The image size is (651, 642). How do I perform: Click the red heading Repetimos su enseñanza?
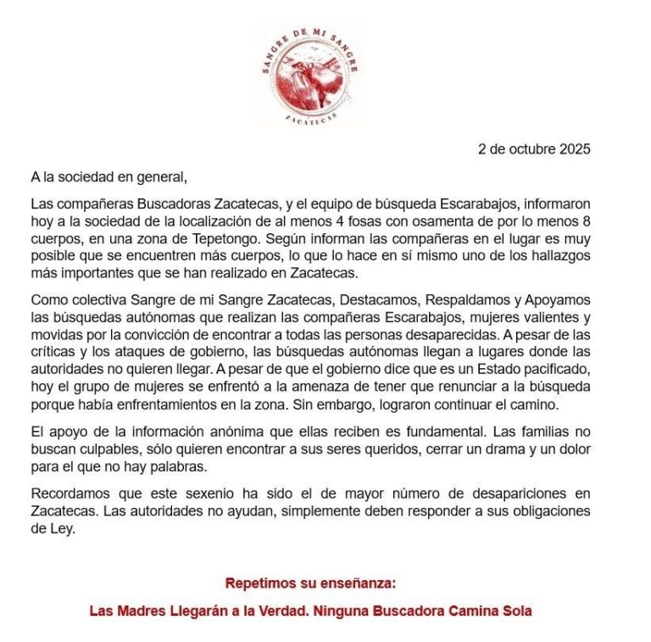pyautogui.click(x=310, y=583)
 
